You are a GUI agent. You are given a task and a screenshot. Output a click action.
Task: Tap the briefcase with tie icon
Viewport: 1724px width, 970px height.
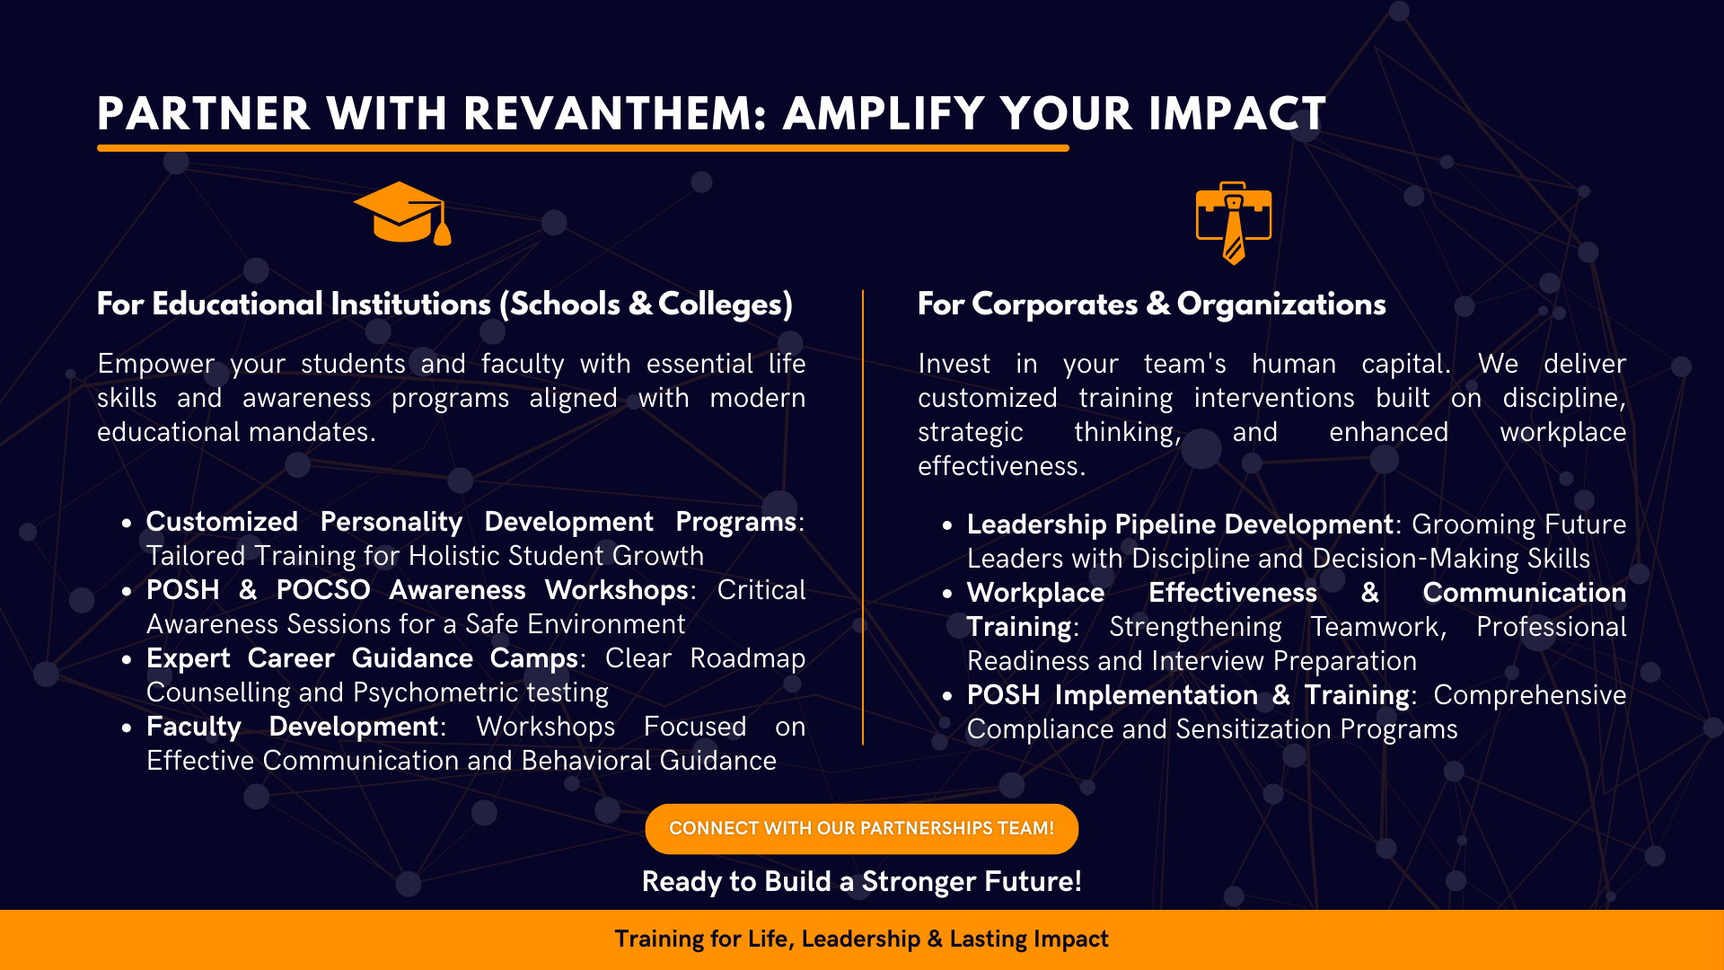click(1234, 223)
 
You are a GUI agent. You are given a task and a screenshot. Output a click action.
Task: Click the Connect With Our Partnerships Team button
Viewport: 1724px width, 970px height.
click(862, 828)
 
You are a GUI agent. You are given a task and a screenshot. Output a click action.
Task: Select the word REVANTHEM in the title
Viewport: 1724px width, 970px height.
click(615, 114)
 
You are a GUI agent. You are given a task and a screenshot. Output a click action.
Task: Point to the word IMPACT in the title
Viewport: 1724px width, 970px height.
click(1236, 114)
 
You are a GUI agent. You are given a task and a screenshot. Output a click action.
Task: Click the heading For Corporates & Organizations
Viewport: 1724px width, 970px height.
click(1152, 304)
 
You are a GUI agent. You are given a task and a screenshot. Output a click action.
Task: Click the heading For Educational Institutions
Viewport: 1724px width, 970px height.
click(445, 304)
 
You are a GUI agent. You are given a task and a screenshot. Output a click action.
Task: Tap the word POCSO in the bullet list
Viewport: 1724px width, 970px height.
click(323, 590)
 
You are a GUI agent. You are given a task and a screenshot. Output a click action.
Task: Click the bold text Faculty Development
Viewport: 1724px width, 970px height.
click(292, 727)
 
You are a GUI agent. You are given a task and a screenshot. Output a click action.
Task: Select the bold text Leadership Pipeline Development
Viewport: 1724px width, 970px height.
click(1180, 525)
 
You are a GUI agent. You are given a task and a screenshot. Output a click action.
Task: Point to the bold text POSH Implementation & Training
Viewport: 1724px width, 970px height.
click(1188, 695)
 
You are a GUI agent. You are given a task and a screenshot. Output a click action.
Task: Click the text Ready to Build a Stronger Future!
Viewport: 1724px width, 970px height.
click(862, 882)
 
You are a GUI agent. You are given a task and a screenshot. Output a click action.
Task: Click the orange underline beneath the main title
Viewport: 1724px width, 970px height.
click(583, 148)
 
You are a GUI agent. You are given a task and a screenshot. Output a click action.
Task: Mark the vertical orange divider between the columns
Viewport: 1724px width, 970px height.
click(863, 517)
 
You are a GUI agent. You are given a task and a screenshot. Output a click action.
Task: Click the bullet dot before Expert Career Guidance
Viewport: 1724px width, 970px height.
click(127, 659)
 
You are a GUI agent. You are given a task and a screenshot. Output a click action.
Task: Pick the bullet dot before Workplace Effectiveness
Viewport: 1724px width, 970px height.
click(947, 594)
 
